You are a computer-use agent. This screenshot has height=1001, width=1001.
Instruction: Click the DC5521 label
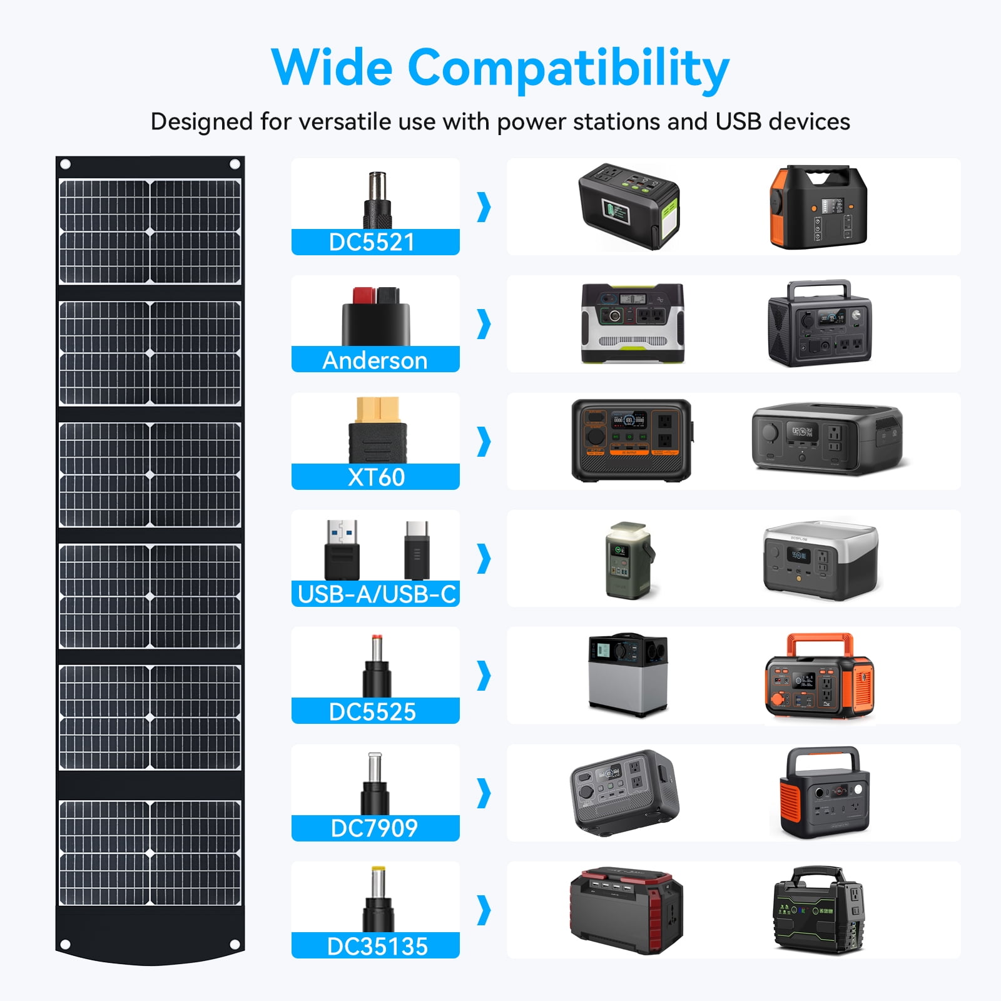(x=372, y=242)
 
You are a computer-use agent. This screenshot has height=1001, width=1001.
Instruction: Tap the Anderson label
(x=375, y=360)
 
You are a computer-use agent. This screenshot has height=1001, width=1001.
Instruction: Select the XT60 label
(x=376, y=477)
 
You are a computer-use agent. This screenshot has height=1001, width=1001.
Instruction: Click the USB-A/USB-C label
(x=377, y=594)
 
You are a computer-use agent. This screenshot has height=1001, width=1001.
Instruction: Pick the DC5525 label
(x=373, y=711)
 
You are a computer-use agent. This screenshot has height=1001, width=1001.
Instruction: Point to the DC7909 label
(x=374, y=828)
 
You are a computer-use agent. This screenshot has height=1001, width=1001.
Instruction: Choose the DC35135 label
(x=377, y=946)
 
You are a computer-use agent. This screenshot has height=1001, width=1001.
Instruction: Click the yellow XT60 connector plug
(x=377, y=430)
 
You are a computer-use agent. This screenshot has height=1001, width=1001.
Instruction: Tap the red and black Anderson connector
(x=375, y=316)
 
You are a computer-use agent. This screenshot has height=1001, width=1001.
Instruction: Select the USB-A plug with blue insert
(x=342, y=549)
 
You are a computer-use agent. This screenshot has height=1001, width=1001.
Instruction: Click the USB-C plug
(x=417, y=549)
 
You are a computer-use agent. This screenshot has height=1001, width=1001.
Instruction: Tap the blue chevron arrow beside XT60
(x=484, y=441)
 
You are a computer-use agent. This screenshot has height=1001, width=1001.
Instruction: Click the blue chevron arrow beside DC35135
(x=484, y=910)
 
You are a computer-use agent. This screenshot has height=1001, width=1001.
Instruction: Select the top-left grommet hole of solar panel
(x=65, y=165)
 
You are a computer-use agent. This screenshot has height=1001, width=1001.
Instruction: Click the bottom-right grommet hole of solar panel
(x=235, y=944)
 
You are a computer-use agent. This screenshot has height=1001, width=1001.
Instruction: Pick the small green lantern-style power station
(x=629, y=561)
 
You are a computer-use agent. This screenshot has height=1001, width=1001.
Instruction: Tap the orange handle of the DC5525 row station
(x=820, y=644)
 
